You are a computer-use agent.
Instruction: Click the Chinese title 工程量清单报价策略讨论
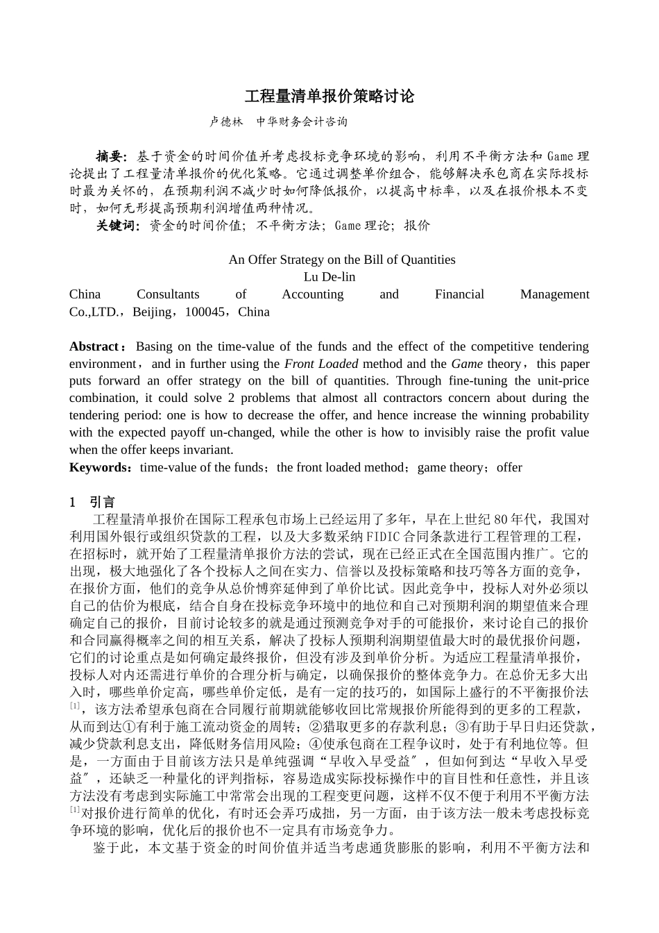pyautogui.click(x=329, y=96)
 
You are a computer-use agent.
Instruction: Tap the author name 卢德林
pyautogui.click(x=226, y=121)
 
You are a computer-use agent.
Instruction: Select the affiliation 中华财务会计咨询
pyautogui.click(x=302, y=121)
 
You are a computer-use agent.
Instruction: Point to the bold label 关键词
pyautogui.click(x=117, y=225)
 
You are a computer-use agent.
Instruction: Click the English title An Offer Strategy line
pyautogui.click(x=342, y=260)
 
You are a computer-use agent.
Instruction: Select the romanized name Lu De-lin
pyautogui.click(x=329, y=277)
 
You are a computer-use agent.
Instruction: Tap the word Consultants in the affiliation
pyautogui.click(x=168, y=294)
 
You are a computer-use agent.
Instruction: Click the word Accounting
pyautogui.click(x=312, y=294)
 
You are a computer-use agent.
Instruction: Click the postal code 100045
pyautogui.click(x=205, y=312)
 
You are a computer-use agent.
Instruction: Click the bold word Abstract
pyautogui.click(x=94, y=346)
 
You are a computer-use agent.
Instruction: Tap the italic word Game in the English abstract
pyautogui.click(x=467, y=364)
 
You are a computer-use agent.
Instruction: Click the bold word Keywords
pyautogui.click(x=99, y=467)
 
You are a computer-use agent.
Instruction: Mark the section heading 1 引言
pyautogui.click(x=92, y=502)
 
